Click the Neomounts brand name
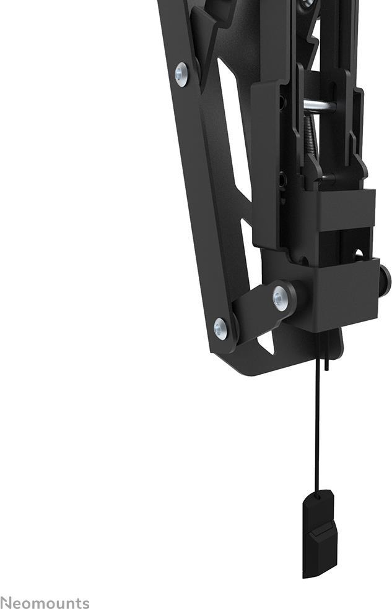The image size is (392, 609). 45,603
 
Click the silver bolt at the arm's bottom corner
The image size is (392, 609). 220,328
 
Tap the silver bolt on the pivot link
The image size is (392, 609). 280,298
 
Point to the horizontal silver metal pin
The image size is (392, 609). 320,105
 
